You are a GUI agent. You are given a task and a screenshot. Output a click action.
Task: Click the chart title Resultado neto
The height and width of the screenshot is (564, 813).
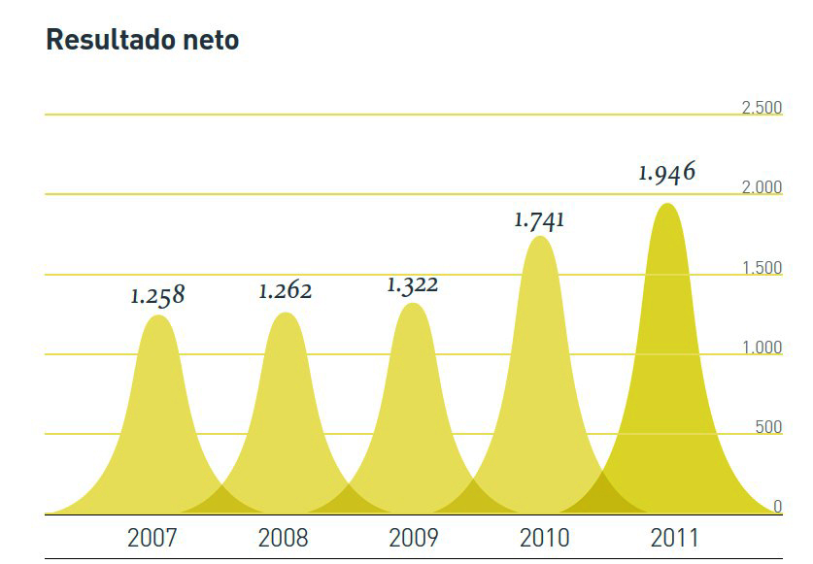click(142, 40)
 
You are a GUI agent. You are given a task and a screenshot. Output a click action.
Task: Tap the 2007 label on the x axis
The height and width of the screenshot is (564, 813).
click(152, 538)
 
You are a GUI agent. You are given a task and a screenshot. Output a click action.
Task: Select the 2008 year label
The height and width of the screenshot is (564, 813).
click(283, 538)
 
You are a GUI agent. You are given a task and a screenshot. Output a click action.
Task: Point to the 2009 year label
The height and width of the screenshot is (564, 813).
click(413, 538)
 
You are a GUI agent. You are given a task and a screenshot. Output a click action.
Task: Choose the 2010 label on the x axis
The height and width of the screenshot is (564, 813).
click(544, 538)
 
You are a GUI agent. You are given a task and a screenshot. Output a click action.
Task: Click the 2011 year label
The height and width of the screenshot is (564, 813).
click(674, 538)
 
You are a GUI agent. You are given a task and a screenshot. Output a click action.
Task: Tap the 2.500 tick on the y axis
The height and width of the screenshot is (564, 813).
click(762, 108)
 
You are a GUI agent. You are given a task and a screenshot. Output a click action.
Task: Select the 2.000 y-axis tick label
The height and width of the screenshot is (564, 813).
click(762, 187)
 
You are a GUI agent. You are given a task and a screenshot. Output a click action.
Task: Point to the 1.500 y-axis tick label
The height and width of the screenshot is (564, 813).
click(762, 268)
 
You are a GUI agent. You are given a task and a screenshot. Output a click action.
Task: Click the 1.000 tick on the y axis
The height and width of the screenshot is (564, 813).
click(762, 348)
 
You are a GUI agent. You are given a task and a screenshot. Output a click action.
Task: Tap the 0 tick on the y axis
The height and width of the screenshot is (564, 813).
click(777, 506)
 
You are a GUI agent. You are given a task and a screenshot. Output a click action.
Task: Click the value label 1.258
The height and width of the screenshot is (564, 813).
click(157, 295)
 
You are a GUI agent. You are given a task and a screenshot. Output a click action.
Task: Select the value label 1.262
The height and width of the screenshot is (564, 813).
click(285, 290)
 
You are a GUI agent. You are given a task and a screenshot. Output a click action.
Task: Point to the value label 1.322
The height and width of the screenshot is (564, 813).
click(412, 284)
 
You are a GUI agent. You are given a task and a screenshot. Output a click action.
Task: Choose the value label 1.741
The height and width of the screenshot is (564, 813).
click(539, 219)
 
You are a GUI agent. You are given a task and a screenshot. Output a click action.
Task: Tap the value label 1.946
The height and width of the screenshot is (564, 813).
click(667, 173)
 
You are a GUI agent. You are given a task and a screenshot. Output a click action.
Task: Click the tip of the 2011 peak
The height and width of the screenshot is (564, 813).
click(667, 204)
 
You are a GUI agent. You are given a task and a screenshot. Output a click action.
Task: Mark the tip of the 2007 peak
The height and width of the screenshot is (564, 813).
click(157, 315)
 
